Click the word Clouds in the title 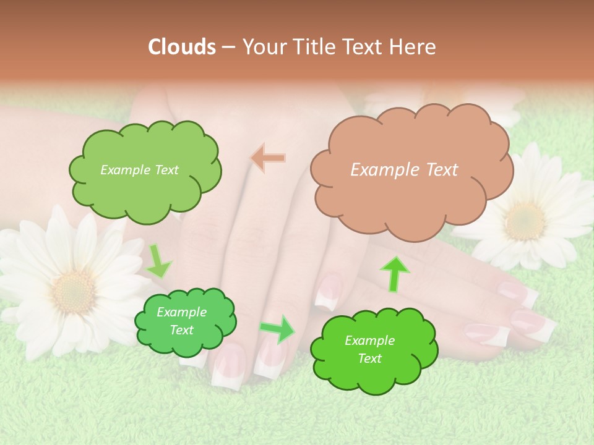click(182, 47)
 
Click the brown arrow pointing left click(268, 158)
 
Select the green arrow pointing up click(395, 274)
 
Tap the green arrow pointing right click(277, 329)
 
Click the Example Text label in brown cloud click(404, 170)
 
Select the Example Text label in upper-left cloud click(139, 170)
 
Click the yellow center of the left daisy click(74, 290)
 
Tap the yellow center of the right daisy click(525, 221)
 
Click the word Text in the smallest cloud click(181, 330)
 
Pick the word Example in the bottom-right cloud click(369, 341)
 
